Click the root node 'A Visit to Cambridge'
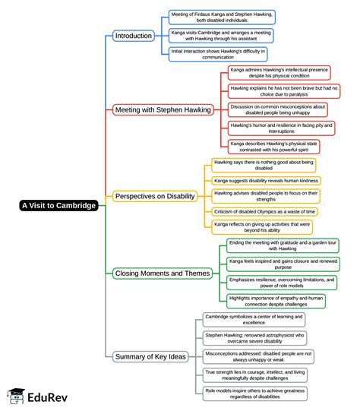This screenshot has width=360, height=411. [x=59, y=205]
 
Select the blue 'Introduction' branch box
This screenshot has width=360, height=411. [x=133, y=36]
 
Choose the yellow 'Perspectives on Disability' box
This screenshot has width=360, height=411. [x=155, y=196]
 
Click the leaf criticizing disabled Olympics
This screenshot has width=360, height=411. [x=263, y=211]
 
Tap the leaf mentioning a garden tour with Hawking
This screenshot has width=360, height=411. [x=283, y=245]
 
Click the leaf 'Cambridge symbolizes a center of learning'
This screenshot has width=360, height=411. [x=254, y=319]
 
